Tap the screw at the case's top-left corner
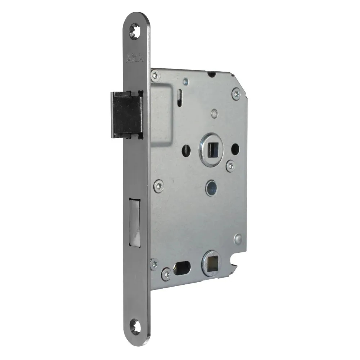(x=156, y=75)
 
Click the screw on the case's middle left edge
(x=158, y=186)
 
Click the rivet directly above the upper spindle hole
(x=215, y=113)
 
